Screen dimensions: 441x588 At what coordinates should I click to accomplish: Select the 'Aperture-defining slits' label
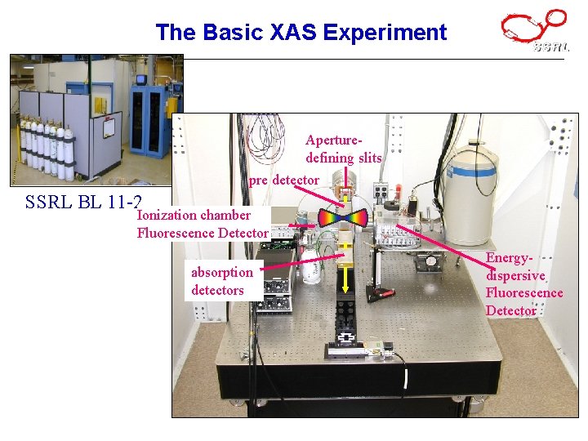click(x=343, y=149)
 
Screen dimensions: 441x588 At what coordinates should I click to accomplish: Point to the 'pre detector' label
click(x=284, y=180)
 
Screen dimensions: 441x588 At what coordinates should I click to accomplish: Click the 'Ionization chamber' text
click(x=194, y=216)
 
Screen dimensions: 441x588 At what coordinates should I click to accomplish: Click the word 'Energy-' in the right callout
click(x=508, y=258)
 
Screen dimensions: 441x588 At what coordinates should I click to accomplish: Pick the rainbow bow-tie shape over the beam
click(x=344, y=217)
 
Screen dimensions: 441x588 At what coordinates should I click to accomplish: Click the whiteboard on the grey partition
click(x=108, y=129)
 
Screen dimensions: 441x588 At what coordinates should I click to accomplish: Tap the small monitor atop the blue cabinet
click(x=141, y=80)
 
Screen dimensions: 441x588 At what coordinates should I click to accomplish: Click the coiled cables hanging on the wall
click(x=267, y=136)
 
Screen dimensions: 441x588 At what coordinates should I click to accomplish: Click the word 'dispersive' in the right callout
click(x=514, y=275)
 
